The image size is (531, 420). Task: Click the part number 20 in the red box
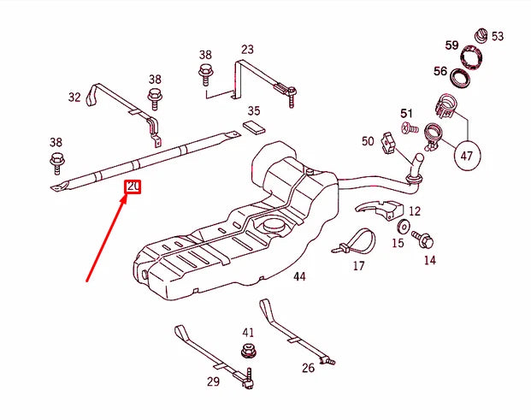pos(133,186)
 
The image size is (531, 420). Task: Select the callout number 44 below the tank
pos(298,276)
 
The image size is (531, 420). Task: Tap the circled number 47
pos(467,157)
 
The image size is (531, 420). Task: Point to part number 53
pos(498,37)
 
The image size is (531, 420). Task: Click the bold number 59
pos(452,45)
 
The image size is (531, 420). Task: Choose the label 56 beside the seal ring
pos(440,73)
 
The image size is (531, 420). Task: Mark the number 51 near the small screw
pos(406,113)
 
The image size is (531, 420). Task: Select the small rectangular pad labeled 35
pos(255,127)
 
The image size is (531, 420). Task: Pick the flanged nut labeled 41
pos(249,351)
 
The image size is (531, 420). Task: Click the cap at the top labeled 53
pos(480,35)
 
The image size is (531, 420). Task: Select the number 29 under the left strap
pos(213,382)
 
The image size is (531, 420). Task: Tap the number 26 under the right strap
pos(309,369)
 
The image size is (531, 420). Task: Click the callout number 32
pos(74,98)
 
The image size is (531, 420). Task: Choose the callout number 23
pos(247,50)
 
